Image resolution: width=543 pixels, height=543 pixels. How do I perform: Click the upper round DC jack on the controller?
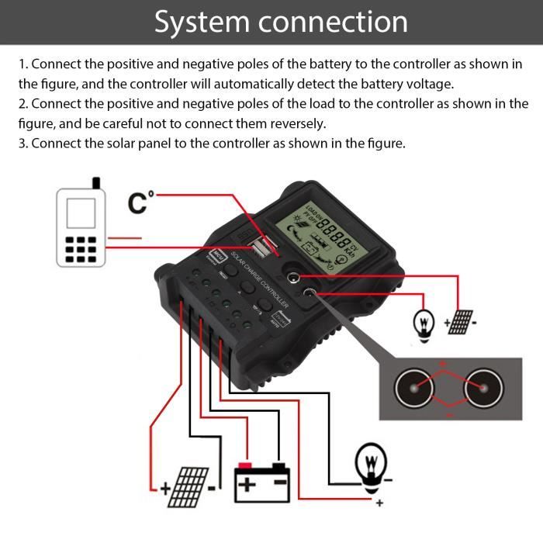click(296, 276)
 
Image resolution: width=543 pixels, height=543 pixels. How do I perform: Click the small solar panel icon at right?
click(461, 320)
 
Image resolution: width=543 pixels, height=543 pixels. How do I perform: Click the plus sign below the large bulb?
click(379, 504)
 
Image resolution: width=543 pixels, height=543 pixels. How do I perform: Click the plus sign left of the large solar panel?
click(164, 489)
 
